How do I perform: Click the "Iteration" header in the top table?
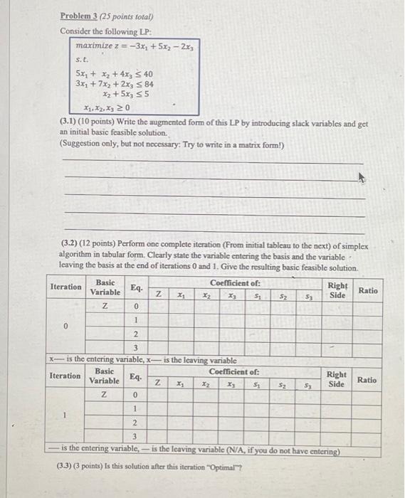coord(66,287)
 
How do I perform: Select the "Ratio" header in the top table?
coord(367,290)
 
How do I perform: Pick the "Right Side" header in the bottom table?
coord(336,378)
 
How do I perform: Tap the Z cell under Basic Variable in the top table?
coord(105,307)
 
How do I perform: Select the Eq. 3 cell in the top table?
coord(135,347)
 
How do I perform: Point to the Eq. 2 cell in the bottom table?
coord(135,423)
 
